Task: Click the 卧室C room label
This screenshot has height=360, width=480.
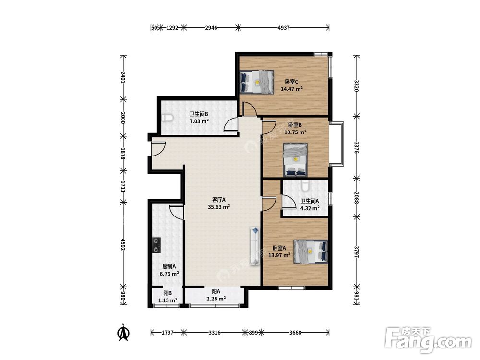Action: (x=291, y=82)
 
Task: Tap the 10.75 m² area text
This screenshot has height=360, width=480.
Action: (x=295, y=132)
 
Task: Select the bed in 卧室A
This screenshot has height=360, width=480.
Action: (x=310, y=252)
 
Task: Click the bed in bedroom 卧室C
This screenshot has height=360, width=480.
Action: (x=256, y=82)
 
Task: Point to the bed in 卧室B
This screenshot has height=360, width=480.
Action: (x=295, y=160)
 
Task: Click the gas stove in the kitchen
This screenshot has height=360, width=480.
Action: (x=157, y=245)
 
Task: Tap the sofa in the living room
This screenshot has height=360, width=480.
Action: (x=254, y=246)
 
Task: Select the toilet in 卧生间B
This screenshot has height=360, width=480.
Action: (x=168, y=118)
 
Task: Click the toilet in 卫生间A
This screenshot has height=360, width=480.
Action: (x=305, y=185)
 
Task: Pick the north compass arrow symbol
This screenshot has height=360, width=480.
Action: (x=124, y=333)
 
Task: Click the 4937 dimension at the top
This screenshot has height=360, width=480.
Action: (x=284, y=28)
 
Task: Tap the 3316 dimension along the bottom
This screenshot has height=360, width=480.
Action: (x=214, y=333)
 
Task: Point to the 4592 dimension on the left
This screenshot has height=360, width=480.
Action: (x=123, y=245)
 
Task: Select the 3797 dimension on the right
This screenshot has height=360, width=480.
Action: (x=357, y=252)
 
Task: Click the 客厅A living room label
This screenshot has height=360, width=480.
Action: (x=219, y=200)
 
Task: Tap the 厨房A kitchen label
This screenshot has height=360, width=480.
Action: (x=169, y=266)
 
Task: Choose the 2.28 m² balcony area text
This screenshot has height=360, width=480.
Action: (x=216, y=299)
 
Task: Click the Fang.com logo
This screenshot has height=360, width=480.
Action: (x=428, y=340)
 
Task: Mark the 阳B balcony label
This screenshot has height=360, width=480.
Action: (x=168, y=293)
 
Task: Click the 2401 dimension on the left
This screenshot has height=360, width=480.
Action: (x=123, y=77)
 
